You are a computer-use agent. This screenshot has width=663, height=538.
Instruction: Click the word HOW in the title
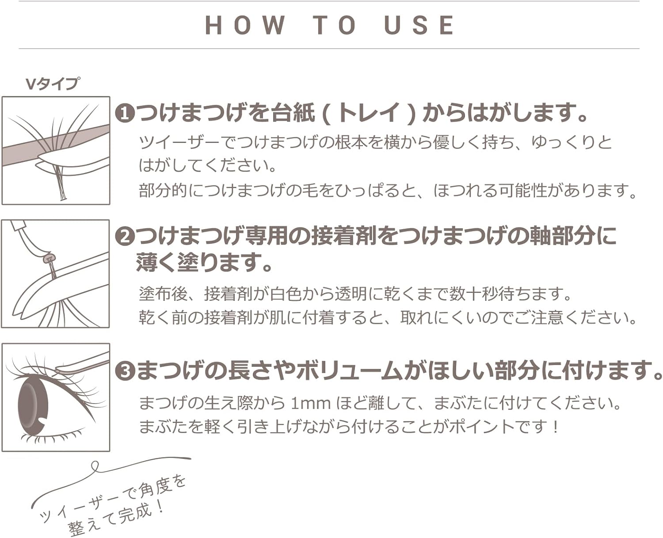[245, 25]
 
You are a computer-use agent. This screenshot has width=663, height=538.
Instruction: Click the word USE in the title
[419, 25]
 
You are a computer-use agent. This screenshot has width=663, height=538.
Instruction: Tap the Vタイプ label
[52, 84]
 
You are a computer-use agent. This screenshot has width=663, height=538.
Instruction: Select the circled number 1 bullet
[125, 114]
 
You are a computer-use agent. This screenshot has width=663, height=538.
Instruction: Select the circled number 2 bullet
[125, 238]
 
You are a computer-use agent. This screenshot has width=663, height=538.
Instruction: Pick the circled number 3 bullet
[125, 371]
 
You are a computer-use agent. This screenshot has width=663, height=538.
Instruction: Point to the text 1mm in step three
[310, 404]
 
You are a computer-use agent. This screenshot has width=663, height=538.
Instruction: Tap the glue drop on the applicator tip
[49, 258]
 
